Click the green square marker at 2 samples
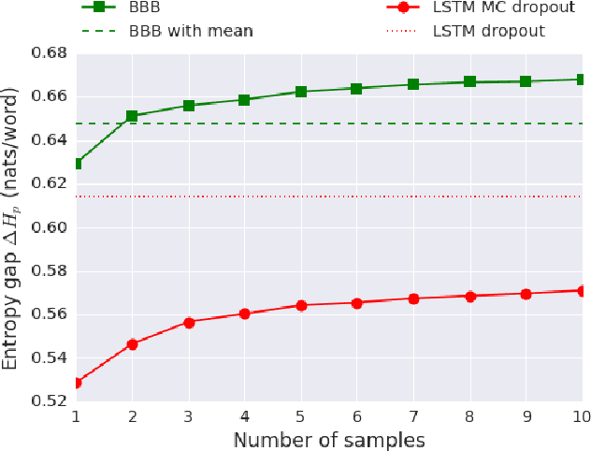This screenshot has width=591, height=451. tap(132, 116)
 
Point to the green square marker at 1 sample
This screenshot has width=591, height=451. tap(77, 164)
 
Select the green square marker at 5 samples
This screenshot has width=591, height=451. tap(300, 92)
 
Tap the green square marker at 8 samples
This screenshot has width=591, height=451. tap(469, 82)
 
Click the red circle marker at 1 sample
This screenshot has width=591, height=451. tap(77, 383)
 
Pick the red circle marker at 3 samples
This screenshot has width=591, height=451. tap(189, 322)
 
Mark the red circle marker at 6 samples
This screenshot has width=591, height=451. tap(356, 303)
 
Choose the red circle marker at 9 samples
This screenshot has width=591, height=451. tap(525, 294)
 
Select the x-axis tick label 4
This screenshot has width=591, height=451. tap(245, 415)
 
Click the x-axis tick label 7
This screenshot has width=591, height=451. tap(412, 415)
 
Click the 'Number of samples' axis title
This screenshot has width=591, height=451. tap(328, 439)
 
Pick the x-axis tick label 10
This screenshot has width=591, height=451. tap(580, 415)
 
